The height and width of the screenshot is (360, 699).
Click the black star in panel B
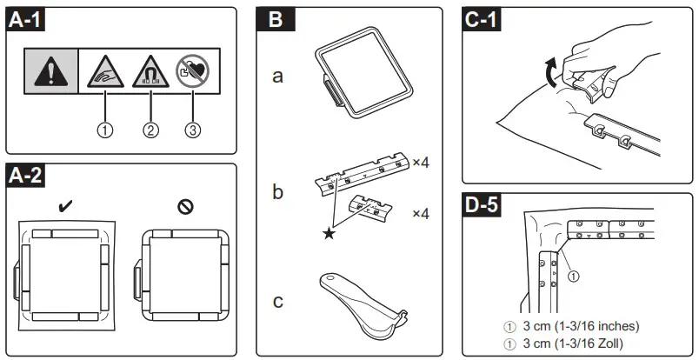pos(329,233)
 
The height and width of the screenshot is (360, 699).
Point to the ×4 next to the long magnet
pos(422,163)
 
